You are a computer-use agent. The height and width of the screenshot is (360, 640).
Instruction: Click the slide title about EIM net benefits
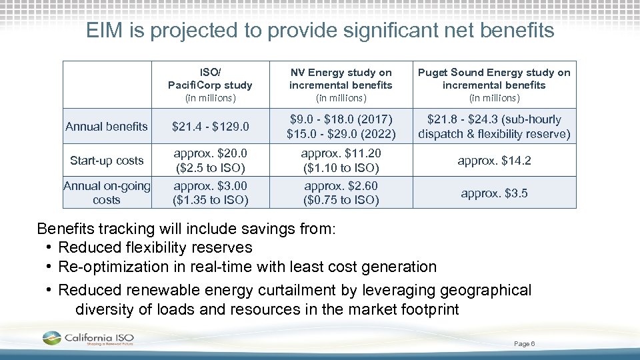(x=320, y=30)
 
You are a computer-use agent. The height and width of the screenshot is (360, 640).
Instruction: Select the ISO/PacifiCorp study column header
(x=210, y=85)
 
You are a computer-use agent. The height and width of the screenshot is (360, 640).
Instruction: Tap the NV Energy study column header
(x=341, y=85)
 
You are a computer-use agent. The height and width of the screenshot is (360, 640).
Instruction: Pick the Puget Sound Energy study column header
(x=494, y=85)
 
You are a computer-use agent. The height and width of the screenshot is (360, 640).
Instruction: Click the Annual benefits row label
(x=107, y=127)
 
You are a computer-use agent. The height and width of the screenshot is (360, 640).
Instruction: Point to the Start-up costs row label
(x=107, y=160)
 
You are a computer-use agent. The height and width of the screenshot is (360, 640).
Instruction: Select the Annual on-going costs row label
(x=107, y=193)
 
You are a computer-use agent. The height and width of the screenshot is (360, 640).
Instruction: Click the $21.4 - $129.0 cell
(x=210, y=127)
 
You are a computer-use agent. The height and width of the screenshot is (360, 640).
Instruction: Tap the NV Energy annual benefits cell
(x=341, y=127)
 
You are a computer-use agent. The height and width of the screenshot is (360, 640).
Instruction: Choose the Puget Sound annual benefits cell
(x=494, y=127)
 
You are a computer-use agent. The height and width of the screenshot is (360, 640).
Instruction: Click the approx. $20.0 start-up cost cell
(x=210, y=161)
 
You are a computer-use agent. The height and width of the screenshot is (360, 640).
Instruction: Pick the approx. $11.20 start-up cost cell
(x=341, y=161)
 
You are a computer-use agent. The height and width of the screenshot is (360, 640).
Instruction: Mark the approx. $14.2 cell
(x=494, y=161)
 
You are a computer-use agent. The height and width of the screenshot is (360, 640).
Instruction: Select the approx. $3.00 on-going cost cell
(x=210, y=193)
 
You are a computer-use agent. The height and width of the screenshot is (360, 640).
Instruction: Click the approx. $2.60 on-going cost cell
(x=341, y=193)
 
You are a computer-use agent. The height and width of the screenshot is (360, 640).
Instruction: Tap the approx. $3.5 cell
(x=494, y=193)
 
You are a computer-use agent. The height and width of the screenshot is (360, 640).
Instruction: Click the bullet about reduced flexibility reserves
(x=155, y=247)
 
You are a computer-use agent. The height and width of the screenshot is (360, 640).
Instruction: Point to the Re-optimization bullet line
(x=247, y=267)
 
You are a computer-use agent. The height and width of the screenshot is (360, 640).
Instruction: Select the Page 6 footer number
(x=524, y=343)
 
